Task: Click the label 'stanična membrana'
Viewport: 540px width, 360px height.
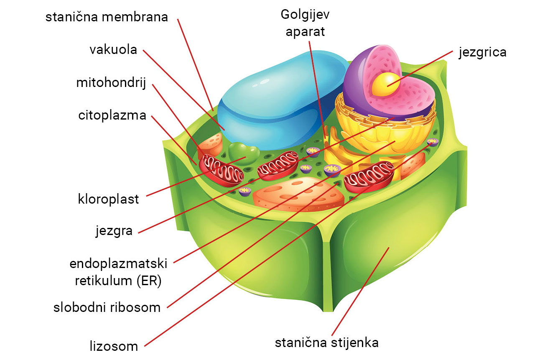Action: (107, 17)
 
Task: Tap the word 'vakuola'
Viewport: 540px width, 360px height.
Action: (113, 50)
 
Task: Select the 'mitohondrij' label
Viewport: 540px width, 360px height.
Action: (110, 82)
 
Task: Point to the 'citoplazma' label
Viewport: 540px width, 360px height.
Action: (112, 115)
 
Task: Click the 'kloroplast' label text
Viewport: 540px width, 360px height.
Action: (108, 199)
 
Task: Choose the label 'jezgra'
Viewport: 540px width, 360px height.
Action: (114, 231)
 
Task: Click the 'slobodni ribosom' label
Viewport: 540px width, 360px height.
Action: (107, 308)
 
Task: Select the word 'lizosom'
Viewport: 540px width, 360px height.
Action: (114, 346)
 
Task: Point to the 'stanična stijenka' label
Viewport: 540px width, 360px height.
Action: (326, 343)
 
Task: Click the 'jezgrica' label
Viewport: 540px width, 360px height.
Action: (482, 52)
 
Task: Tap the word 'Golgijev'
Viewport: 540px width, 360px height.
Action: (305, 14)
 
